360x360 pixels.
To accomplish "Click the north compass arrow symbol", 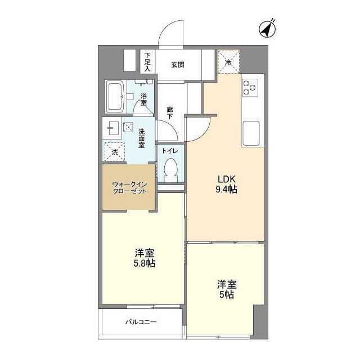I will [267, 27].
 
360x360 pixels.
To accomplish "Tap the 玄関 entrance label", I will [178, 65].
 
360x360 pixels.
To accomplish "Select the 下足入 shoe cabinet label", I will [147, 61].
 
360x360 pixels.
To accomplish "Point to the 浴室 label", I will [144, 100].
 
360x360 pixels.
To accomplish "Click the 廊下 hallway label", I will [170, 112].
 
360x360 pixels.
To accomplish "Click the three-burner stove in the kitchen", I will [250, 87].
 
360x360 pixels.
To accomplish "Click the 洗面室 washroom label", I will [143, 137].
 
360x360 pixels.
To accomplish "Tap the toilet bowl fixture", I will [171, 169].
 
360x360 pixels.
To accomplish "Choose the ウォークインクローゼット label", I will [129, 187].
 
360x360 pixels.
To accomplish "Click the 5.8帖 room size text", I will [145, 263].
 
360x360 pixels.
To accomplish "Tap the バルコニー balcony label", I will [140, 322].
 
